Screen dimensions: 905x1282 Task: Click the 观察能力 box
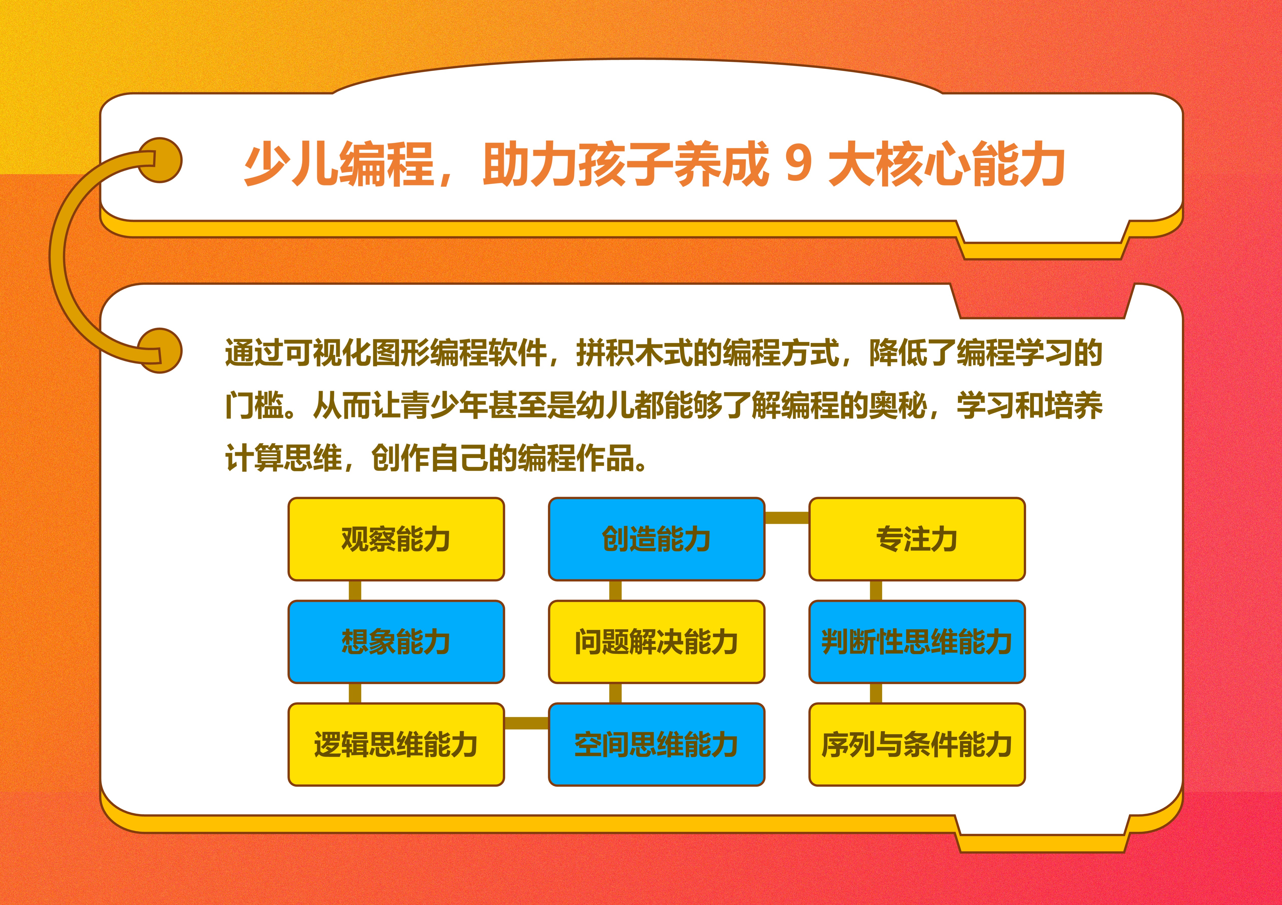[x=396, y=539]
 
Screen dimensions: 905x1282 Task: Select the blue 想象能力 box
[x=396, y=641]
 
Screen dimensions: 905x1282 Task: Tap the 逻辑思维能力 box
[x=396, y=744]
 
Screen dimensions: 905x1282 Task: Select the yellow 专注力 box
[x=917, y=539]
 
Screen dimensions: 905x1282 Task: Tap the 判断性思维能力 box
[x=917, y=641]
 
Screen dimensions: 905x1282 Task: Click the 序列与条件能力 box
[x=917, y=744]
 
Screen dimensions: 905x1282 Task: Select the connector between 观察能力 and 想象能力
[x=355, y=591]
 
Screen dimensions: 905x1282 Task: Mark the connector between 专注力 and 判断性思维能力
[x=876, y=591]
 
